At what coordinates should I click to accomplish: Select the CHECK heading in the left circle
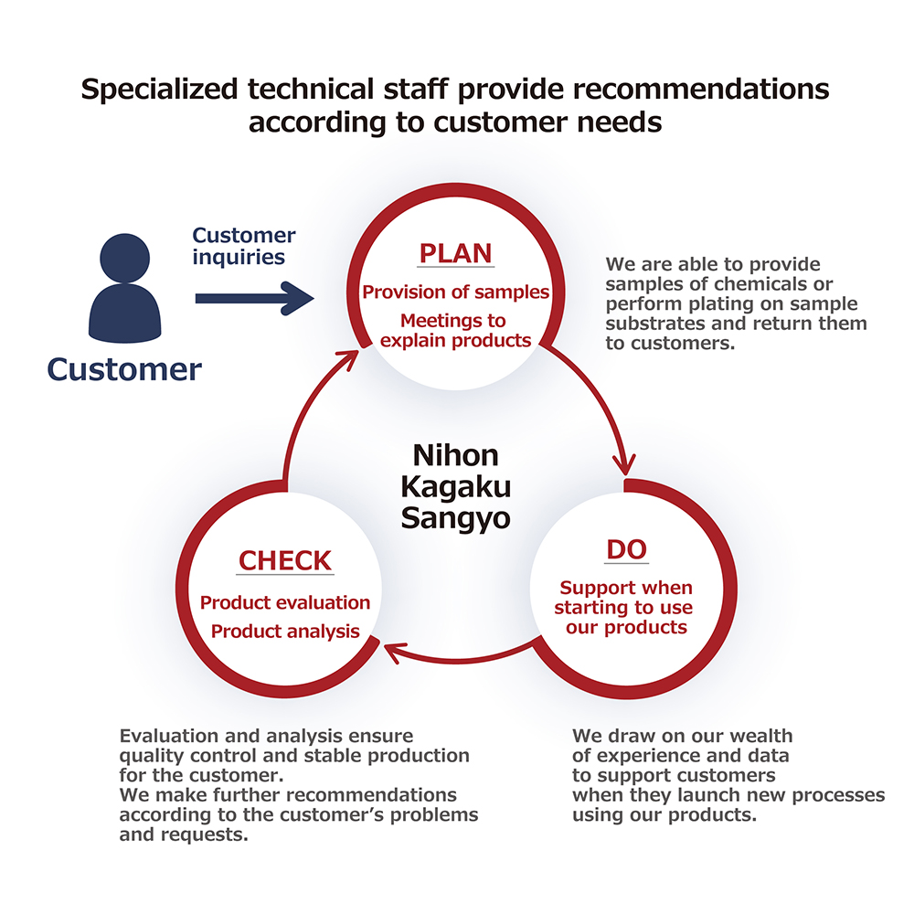point(285,559)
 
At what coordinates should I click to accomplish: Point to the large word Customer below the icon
point(124,368)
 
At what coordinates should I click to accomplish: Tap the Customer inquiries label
point(244,246)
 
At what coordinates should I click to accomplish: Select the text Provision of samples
point(456,292)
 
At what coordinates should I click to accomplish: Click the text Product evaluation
point(285,602)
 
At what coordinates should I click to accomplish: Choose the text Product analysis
point(285,631)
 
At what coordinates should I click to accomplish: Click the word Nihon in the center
point(456,454)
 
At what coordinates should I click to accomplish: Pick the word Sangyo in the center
point(456,518)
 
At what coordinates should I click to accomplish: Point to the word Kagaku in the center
point(456,486)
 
